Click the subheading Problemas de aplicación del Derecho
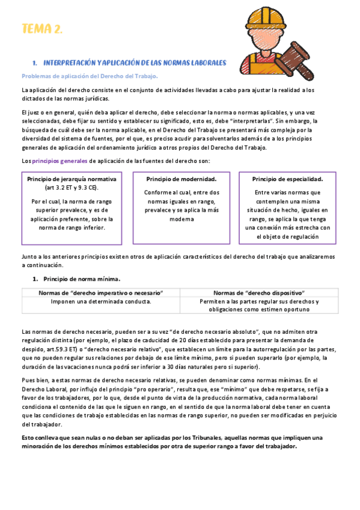90,76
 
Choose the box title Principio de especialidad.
287,179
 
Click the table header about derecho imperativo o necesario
100,292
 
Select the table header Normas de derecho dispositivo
259,292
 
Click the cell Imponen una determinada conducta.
100,301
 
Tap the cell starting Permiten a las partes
259,301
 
